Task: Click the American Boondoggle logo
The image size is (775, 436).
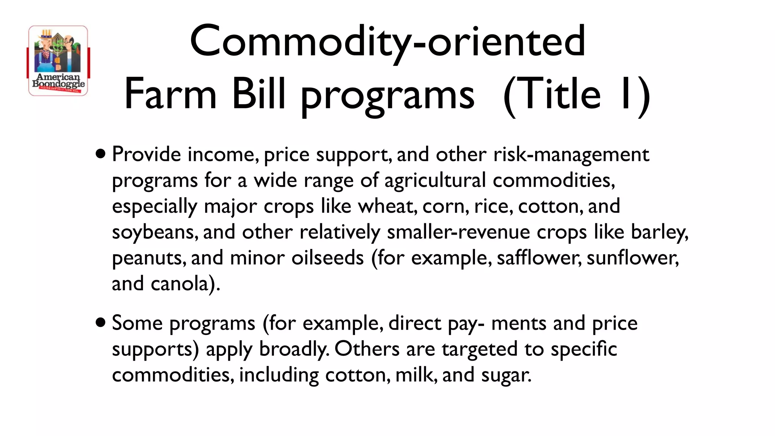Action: tap(58, 61)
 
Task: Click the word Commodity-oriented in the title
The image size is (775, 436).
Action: tap(387, 41)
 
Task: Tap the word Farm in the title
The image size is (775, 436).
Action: tap(170, 94)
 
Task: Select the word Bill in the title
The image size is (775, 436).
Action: tap(258, 94)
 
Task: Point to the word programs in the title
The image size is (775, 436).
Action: tap(387, 95)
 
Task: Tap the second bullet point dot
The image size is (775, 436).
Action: tap(101, 323)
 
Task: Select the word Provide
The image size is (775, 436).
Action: tap(146, 154)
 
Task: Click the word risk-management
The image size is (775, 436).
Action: tap(571, 154)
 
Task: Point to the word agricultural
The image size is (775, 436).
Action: tap(435, 181)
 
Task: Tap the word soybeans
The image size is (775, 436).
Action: tap(155, 232)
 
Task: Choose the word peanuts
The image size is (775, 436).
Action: tap(149, 258)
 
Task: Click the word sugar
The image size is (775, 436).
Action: tap(506, 375)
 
